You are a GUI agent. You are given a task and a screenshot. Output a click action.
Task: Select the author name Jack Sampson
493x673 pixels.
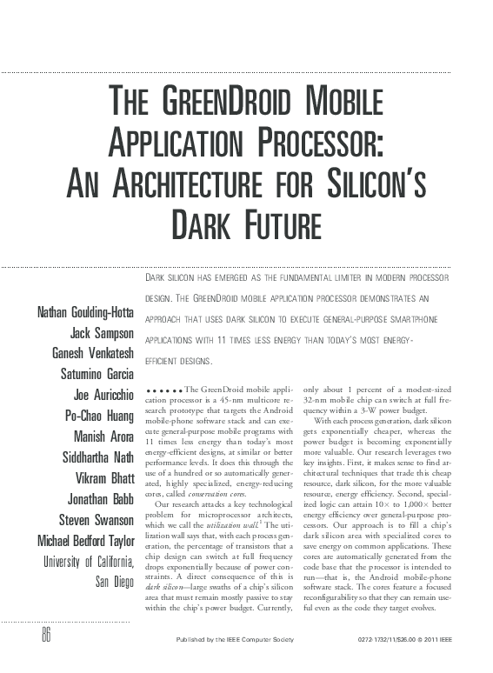pyautogui.click(x=101, y=333)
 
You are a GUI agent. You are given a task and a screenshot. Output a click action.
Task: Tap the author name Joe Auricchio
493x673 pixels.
pyautogui.click(x=103, y=393)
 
